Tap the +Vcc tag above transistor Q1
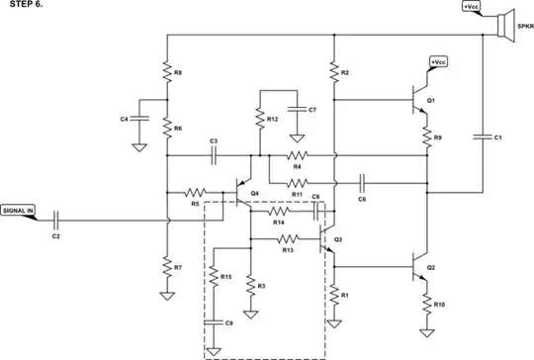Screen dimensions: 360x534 439,62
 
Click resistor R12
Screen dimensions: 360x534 258,119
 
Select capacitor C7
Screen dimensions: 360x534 296,109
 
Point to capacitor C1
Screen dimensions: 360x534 484,136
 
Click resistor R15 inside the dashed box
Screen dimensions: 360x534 213,278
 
